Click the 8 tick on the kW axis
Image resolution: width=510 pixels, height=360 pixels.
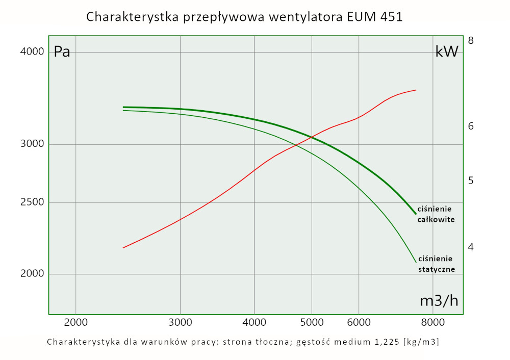pos(471,40)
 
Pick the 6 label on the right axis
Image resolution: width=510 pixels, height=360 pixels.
pos(471,126)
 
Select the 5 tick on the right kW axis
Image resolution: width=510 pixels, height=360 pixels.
pos(471,181)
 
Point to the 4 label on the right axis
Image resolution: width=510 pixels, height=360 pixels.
pos(471,247)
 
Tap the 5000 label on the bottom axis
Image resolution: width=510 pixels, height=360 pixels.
pos(312,322)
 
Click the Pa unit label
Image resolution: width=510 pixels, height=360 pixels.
pos(62,52)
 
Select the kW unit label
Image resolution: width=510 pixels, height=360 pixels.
pos(447,52)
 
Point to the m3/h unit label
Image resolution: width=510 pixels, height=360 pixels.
pos(439,301)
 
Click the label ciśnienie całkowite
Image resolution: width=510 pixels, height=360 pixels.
pos(436,214)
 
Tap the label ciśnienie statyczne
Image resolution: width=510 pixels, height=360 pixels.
pos(436,264)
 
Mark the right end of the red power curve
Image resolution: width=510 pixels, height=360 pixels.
pos(416,90)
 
